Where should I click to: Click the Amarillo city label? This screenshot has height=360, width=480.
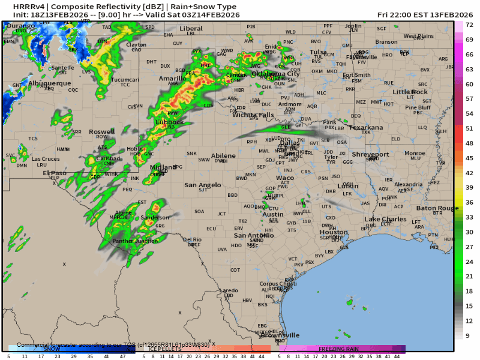(x=172, y=79)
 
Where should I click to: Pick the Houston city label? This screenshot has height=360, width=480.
(x=334, y=232)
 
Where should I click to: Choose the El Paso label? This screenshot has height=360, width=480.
(x=54, y=173)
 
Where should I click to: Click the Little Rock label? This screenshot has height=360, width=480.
(x=410, y=92)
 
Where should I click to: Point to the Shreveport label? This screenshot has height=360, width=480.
(x=370, y=154)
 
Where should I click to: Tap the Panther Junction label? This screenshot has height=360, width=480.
(x=135, y=241)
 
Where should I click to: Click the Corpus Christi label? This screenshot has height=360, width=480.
(x=278, y=284)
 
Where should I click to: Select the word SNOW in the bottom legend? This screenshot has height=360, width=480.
(x=52, y=349)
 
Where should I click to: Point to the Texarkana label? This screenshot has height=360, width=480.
(x=365, y=127)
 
